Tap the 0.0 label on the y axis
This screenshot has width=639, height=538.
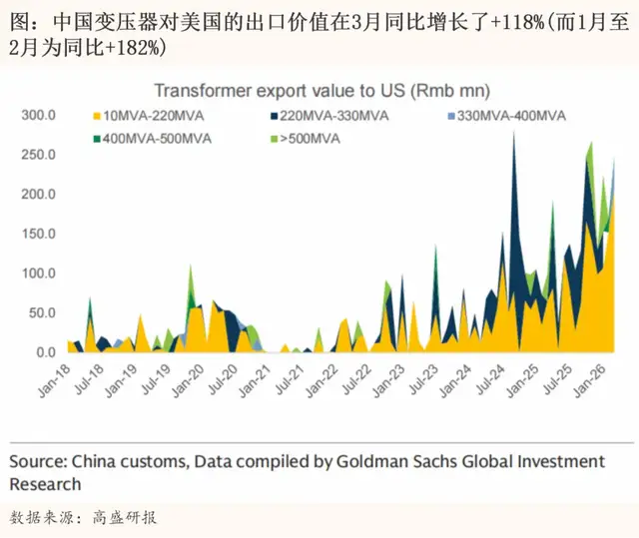click(44, 352)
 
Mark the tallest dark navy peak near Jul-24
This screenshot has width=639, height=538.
click(514, 134)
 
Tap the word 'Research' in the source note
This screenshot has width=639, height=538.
click(45, 484)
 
